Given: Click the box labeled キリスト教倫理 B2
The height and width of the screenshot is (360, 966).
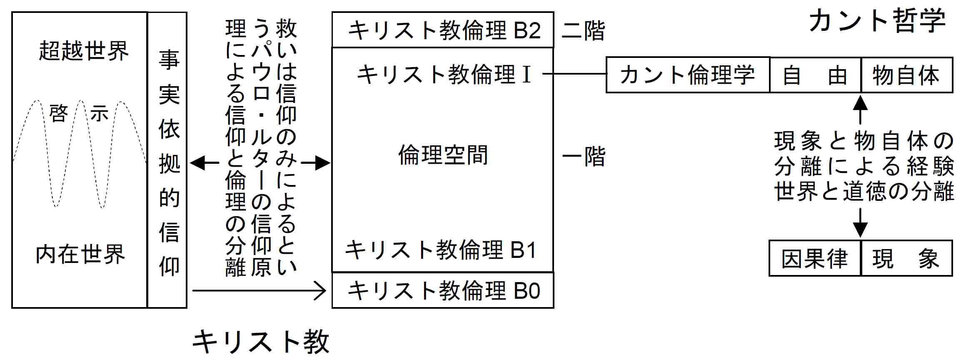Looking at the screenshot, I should (x=443, y=30).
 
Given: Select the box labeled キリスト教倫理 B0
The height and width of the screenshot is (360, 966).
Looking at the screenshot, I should (x=443, y=290).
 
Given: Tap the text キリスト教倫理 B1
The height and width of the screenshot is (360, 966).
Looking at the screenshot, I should (x=441, y=250).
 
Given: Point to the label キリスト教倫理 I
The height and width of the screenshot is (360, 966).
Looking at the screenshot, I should (x=444, y=75).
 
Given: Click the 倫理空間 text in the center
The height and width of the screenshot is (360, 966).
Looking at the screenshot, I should (x=443, y=155).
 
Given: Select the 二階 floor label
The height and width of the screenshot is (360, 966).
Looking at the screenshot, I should (x=583, y=31).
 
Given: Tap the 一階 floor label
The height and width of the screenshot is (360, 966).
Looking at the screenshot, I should (x=583, y=157).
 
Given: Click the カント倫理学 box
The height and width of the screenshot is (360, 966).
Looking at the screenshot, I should (x=687, y=75).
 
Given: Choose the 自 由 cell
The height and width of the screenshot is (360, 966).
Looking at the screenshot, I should (x=815, y=75).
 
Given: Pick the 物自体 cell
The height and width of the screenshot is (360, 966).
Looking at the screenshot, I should (x=906, y=75).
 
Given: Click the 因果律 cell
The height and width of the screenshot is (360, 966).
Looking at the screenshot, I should (x=814, y=258).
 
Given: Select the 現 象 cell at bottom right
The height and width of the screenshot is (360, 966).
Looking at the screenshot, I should (x=906, y=258).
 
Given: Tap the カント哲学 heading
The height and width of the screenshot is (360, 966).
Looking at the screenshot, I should (x=876, y=21).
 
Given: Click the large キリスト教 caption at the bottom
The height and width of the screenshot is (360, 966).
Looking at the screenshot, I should (x=261, y=342).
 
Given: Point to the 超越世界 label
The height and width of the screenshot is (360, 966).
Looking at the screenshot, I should (x=83, y=51).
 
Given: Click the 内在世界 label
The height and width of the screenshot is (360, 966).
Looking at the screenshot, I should (x=80, y=254).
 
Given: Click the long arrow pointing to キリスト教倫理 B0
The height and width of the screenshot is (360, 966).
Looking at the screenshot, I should (x=258, y=290).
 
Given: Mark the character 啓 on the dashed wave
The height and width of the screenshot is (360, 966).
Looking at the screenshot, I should (x=58, y=113).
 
